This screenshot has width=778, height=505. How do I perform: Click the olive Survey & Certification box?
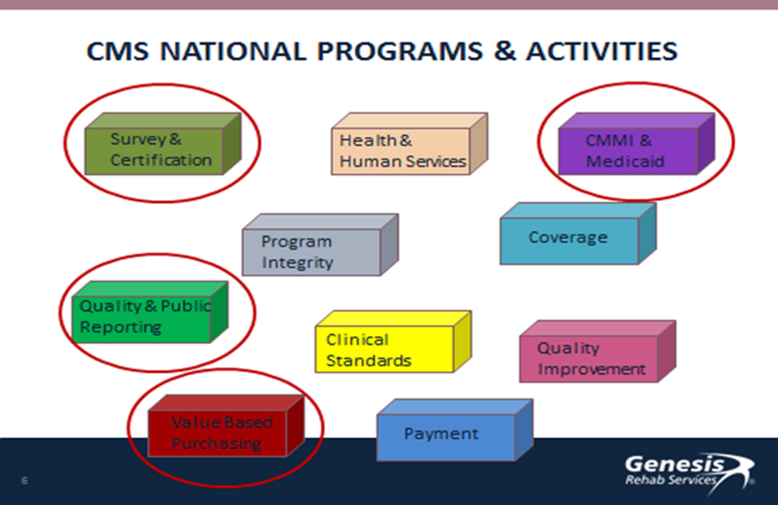pyautogui.click(x=163, y=144)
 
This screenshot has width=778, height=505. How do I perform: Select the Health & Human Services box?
pyautogui.click(x=409, y=144)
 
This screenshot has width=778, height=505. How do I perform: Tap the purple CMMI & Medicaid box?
pyautogui.click(x=637, y=144)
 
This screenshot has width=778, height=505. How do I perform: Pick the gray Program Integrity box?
pyautogui.click(x=320, y=245)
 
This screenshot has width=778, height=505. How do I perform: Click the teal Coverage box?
pyautogui.click(x=578, y=233)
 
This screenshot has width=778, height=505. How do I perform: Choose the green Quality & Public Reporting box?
pyautogui.click(x=150, y=312)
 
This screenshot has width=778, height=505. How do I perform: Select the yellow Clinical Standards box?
pyautogui.click(x=393, y=341)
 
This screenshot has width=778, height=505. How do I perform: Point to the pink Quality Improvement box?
pyautogui.click(x=598, y=351)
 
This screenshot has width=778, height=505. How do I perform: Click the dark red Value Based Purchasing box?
pyautogui.click(x=226, y=426)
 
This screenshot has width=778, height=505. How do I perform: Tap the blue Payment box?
pyautogui.click(x=455, y=430)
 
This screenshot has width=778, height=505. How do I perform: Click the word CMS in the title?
pyautogui.click(x=117, y=51)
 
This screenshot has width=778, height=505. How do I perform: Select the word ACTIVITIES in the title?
pyautogui.click(x=602, y=51)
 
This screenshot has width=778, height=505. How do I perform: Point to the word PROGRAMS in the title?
pyautogui.click(x=400, y=51)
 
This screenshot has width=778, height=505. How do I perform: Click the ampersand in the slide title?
pyautogui.click(x=505, y=51)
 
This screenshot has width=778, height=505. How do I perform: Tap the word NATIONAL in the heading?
pyautogui.click(x=233, y=51)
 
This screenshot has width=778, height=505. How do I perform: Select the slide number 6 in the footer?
pyautogui.click(x=24, y=480)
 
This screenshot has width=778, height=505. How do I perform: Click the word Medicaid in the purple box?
pyautogui.click(x=625, y=162)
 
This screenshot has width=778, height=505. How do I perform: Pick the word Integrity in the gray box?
pyautogui.click(x=298, y=263)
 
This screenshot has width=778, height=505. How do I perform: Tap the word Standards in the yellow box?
pyautogui.click(x=369, y=361)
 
